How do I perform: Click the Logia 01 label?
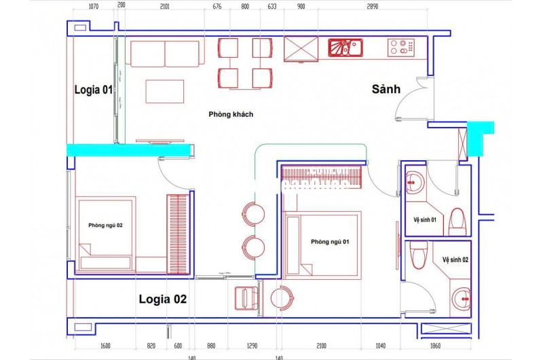[x=93, y=90]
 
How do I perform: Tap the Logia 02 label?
[x=162, y=298]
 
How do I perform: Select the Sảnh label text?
[x=386, y=89]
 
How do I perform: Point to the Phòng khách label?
[x=231, y=114]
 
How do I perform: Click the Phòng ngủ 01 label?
[x=330, y=242]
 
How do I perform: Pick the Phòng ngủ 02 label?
[x=105, y=224]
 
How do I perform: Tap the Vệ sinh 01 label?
[x=425, y=219]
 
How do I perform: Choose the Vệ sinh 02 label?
[x=455, y=259]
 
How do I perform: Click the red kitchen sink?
[x=345, y=48]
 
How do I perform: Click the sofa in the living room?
[x=165, y=54]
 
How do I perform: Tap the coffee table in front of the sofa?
[x=164, y=91]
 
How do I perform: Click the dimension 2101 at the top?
[x=164, y=7]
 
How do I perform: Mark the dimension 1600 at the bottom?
[x=105, y=344]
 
